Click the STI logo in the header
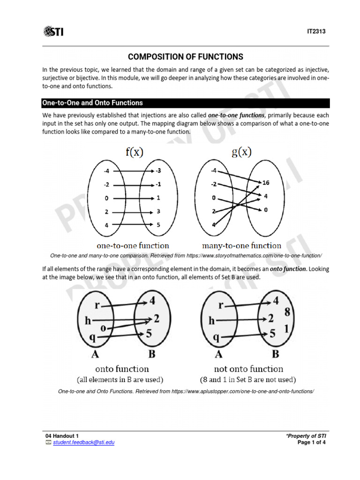pos(53,31)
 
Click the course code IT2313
pos(316,32)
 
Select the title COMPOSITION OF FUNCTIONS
pos(186,57)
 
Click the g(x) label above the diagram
pos(242,152)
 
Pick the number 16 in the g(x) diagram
pos(266,182)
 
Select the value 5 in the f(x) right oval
pos(158,225)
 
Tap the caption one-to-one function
pos(133,245)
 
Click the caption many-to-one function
pos(241,245)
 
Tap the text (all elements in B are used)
pos(120,379)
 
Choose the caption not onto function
pos(248,369)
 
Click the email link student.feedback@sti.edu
pos(83,442)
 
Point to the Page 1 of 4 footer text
pos(312,442)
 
